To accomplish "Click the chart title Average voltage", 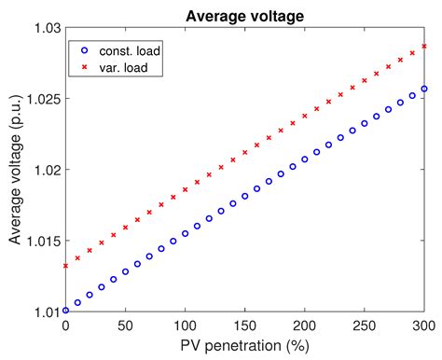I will (244, 16).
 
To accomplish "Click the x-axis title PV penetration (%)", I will (244, 346).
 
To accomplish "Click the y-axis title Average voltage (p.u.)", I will (16, 171).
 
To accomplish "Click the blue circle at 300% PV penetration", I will (424, 90).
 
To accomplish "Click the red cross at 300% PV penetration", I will (424, 46).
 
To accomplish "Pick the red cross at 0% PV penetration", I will (65, 266).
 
